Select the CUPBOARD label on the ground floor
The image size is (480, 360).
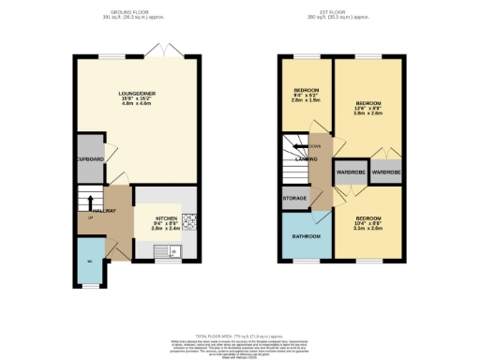pyautogui.click(x=89, y=159)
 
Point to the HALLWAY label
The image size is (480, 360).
pyautogui.click(x=102, y=211)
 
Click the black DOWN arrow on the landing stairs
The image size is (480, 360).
pyautogui.click(x=298, y=146)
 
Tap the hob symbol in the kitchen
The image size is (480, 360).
pyautogui.click(x=187, y=221)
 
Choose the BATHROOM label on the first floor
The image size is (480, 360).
pyautogui.click(x=305, y=235)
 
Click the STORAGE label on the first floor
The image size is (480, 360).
pyautogui.click(x=293, y=199)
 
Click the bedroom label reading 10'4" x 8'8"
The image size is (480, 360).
pyautogui.click(x=368, y=221)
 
